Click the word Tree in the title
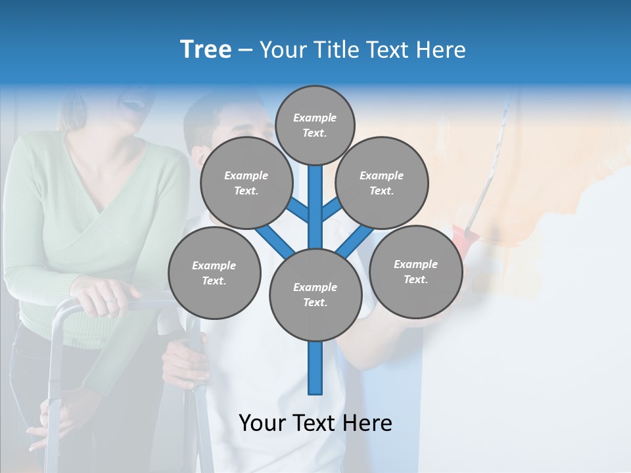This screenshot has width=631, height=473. pyautogui.click(x=206, y=49)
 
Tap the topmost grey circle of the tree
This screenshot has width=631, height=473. pyautogui.click(x=315, y=125)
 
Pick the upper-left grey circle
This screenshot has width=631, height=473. pyautogui.click(x=246, y=183)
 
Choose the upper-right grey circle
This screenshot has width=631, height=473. pyautogui.click(x=381, y=183)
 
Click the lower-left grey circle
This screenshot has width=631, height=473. pyautogui.click(x=214, y=273)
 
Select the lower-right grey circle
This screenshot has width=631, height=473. pyautogui.click(x=415, y=271)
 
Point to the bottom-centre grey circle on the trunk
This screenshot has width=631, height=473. pyautogui.click(x=315, y=294)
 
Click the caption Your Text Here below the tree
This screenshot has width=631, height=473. pyautogui.click(x=315, y=423)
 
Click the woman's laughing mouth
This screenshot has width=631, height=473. pyautogui.click(x=131, y=103)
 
